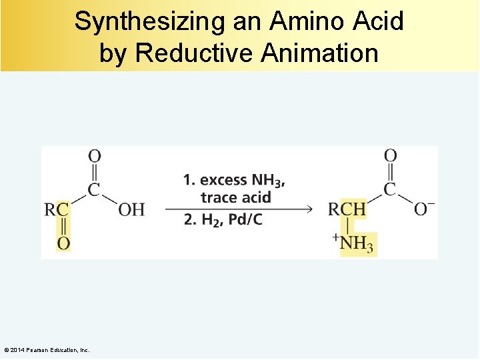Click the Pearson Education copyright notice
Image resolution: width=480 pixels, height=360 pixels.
click(47, 350)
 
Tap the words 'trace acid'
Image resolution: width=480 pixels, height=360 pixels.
click(235, 197)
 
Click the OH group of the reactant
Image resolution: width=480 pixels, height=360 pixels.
click(131, 209)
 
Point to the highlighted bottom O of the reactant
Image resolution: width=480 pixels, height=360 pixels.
click(63, 243)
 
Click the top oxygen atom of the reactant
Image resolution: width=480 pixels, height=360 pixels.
click(95, 156)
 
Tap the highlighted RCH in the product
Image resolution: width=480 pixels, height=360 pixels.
click(347, 209)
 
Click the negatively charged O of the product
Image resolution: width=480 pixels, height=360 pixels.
click(422, 209)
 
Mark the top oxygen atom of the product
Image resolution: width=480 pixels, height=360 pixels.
click(391, 156)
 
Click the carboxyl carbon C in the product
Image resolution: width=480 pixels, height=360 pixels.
click(391, 189)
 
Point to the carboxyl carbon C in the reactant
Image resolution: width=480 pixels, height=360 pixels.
click(95, 189)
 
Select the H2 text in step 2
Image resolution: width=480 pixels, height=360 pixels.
click(210, 221)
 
